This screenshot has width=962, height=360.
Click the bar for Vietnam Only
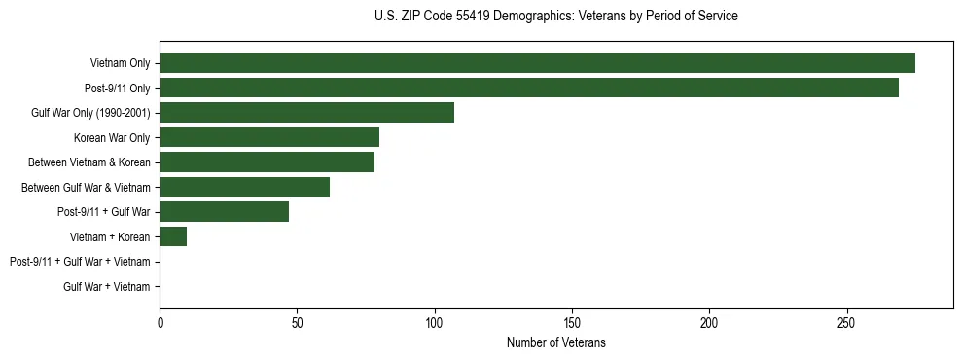537,63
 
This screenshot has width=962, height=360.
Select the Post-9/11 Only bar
529,88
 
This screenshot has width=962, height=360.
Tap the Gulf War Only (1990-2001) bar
306,113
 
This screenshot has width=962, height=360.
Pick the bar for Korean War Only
269,137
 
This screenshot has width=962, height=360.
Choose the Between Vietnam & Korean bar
267,162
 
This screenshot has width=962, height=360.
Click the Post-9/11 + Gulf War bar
224,212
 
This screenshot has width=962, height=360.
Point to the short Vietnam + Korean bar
173,236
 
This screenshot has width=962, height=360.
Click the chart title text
555,17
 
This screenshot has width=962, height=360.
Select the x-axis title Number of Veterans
555,342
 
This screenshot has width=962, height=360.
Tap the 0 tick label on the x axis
160,322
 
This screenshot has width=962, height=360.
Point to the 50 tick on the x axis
297,322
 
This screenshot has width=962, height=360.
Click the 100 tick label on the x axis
435,322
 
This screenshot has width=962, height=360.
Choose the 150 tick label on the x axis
572,322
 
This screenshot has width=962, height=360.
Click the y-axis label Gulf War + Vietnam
107,287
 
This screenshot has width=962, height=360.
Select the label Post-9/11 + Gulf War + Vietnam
80,262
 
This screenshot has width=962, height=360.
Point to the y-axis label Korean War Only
112,138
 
